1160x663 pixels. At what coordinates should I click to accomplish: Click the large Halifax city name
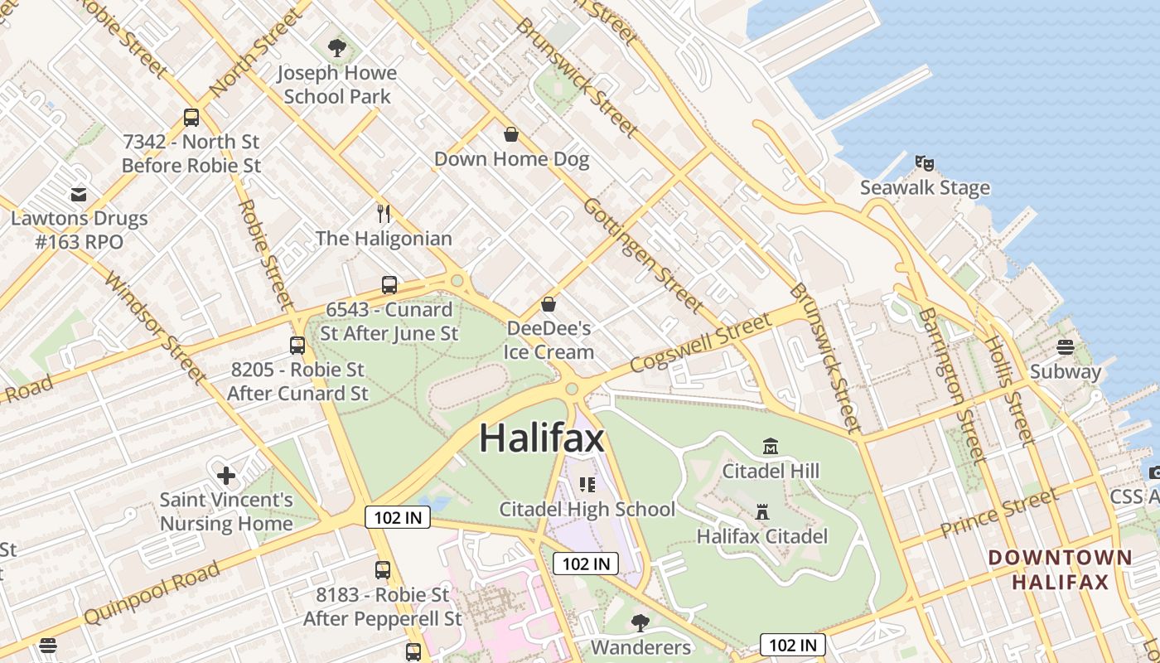[542, 438]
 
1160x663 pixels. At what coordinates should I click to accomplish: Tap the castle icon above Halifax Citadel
[762, 511]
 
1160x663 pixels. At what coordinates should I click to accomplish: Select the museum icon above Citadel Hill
[771, 447]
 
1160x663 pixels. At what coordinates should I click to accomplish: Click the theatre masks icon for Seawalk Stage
[925, 162]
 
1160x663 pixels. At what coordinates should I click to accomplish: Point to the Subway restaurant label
[1065, 371]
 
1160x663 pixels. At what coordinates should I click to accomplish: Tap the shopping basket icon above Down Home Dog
[511, 133]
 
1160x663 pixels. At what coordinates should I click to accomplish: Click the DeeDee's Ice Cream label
[549, 340]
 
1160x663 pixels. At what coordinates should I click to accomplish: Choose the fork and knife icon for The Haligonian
[384, 214]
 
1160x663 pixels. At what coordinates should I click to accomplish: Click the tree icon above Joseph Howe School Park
[336, 48]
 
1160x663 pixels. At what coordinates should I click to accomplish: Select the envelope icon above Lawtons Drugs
[79, 195]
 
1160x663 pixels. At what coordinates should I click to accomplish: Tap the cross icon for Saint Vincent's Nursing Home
[225, 476]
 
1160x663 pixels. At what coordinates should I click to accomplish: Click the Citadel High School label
[587, 509]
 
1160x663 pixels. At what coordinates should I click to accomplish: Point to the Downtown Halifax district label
[1060, 569]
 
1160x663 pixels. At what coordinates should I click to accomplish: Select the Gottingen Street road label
[642, 254]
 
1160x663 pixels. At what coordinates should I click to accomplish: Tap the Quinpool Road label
[153, 593]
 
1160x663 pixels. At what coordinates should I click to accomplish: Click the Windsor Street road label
[157, 327]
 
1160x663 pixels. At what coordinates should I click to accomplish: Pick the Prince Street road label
[999, 513]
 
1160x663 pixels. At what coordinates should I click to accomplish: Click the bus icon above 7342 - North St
[191, 118]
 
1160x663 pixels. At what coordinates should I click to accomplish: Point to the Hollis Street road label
[1008, 390]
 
